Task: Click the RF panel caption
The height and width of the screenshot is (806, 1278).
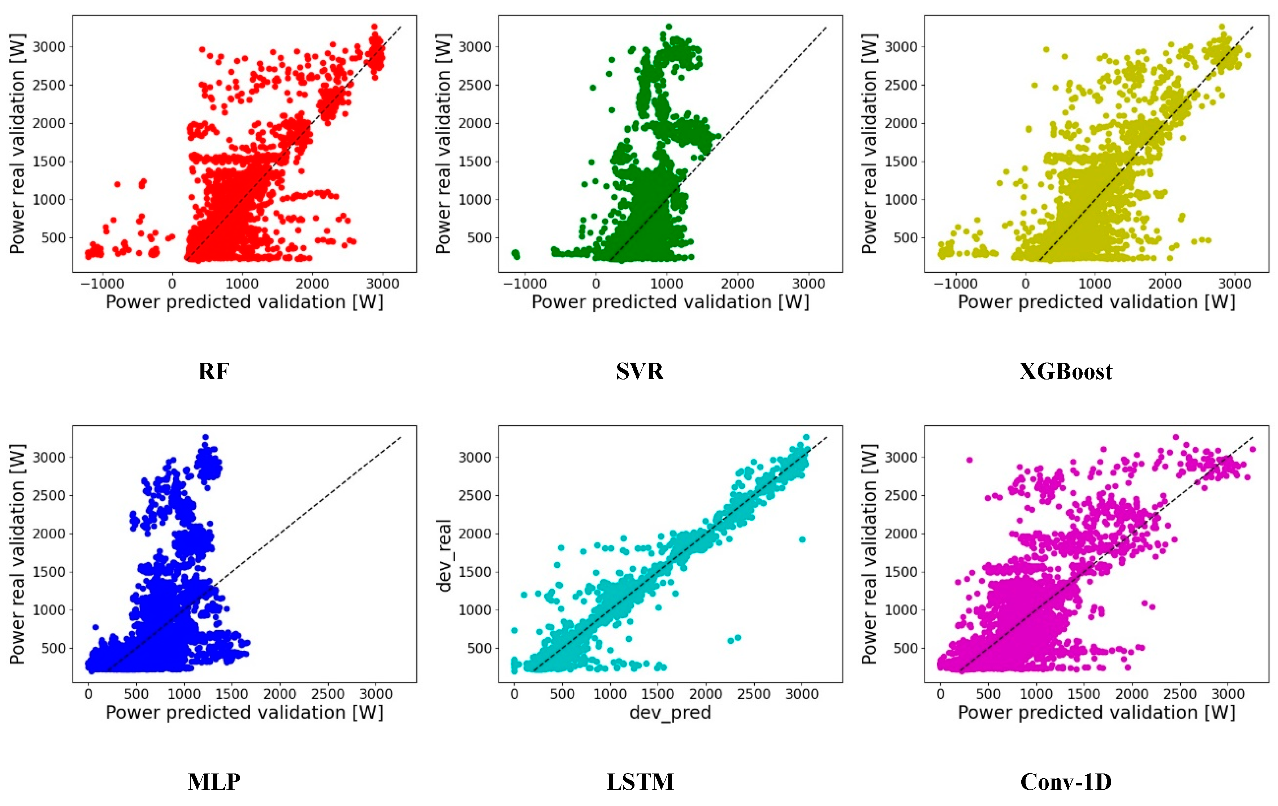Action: [213, 372]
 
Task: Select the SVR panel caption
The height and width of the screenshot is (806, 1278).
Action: [640, 372]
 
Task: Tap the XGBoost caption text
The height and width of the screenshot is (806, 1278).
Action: [1066, 372]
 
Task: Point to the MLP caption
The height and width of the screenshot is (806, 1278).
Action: [214, 781]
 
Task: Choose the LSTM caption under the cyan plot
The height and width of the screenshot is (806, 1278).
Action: [640, 781]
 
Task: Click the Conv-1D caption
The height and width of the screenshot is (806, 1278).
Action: [1066, 781]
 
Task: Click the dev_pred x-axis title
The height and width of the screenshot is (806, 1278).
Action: [670, 712]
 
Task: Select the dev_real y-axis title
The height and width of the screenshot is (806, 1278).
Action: [444, 555]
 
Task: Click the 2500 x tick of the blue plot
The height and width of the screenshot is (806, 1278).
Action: [328, 694]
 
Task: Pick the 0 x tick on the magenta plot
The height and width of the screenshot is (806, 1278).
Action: [940, 694]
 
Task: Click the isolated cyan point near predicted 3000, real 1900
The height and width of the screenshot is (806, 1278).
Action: [802, 539]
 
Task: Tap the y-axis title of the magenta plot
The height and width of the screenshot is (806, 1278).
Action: [869, 554]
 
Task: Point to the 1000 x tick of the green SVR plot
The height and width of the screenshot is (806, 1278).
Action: [667, 284]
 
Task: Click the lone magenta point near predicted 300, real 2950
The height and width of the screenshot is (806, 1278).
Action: [969, 460]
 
